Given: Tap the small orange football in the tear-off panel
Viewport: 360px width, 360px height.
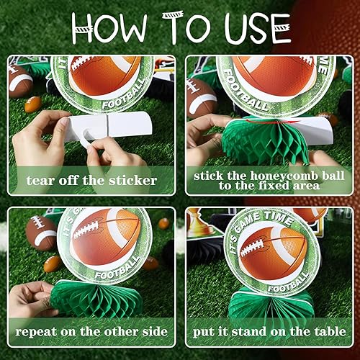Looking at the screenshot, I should point(32,104).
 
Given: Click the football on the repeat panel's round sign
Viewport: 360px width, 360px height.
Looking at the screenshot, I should point(108,238).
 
